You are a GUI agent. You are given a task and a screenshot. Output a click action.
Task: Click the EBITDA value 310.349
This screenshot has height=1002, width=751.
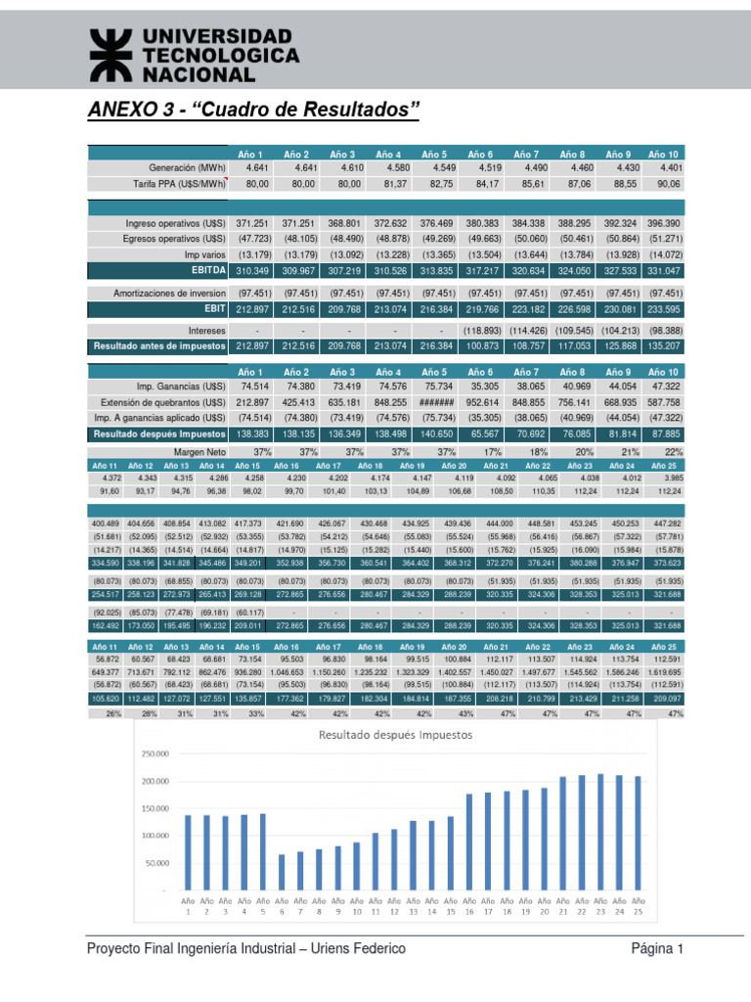[251, 270]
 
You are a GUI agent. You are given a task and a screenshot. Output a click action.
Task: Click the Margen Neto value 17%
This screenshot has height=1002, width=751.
[480, 451]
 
